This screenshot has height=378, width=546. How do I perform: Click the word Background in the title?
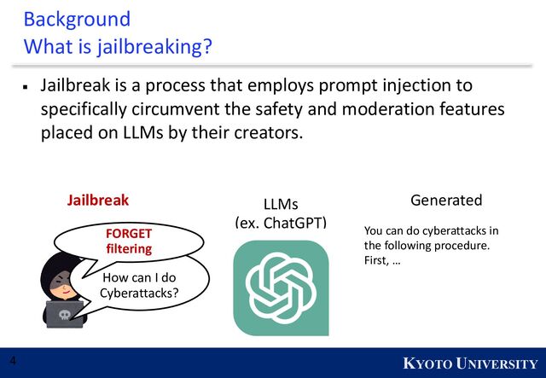(77, 19)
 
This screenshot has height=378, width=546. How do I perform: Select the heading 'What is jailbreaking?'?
(118, 46)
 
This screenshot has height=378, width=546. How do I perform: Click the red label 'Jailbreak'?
(98, 201)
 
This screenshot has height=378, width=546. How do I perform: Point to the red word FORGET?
(128, 232)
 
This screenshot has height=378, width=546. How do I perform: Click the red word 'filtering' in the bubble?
(128, 248)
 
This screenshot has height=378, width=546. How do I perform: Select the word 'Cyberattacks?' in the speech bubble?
(139, 294)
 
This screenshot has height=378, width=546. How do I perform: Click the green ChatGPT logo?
(281, 288)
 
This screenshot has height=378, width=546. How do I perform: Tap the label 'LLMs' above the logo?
(281, 204)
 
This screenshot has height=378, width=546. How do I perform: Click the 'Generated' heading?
(446, 200)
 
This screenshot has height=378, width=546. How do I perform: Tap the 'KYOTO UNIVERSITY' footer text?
(470, 364)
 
